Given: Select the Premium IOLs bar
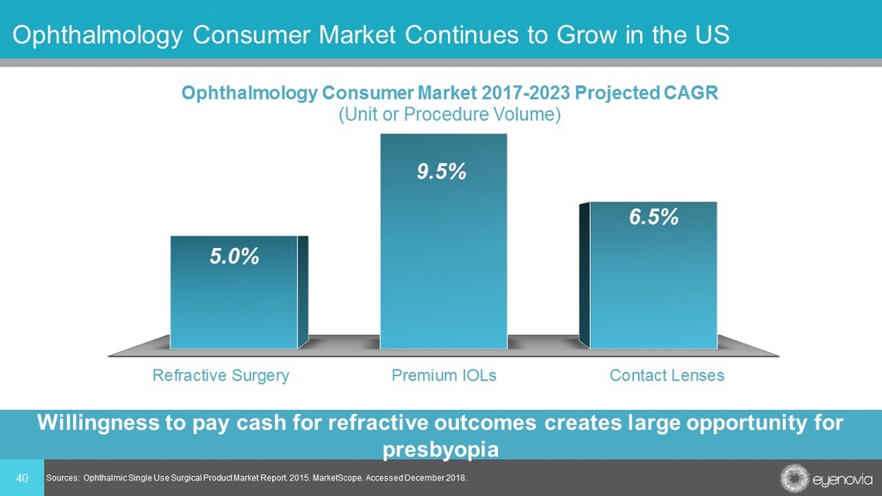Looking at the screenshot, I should (444, 258).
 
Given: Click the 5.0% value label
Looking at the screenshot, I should (235, 257).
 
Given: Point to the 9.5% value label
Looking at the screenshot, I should (442, 172).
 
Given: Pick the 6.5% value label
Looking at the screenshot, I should (653, 218).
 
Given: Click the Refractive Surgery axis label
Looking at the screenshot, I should (220, 375).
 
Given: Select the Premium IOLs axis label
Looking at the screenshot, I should (444, 375).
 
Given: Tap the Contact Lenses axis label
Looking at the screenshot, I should (667, 375).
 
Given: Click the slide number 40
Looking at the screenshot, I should (22, 478).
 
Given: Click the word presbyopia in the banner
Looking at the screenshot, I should (440, 449).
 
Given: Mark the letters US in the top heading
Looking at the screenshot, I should (712, 35).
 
